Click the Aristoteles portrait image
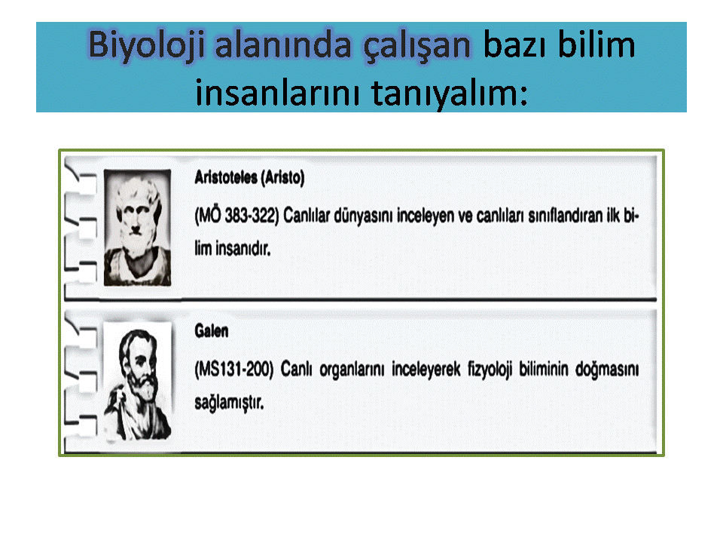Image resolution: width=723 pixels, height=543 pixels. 137,228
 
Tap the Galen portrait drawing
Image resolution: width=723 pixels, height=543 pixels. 138,382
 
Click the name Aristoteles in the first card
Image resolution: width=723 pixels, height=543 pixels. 226,177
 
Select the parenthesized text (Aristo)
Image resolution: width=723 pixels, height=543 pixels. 282,178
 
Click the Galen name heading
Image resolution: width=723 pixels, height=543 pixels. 211,331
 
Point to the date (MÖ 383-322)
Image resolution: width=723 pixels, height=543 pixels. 236,216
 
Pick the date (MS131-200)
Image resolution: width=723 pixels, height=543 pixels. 233,370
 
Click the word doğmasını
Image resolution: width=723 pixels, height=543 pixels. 607,370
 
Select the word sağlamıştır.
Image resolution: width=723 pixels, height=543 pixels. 229,403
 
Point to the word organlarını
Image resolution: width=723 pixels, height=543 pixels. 352,370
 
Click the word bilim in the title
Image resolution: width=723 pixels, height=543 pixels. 596,44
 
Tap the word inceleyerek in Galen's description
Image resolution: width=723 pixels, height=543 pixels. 426,370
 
